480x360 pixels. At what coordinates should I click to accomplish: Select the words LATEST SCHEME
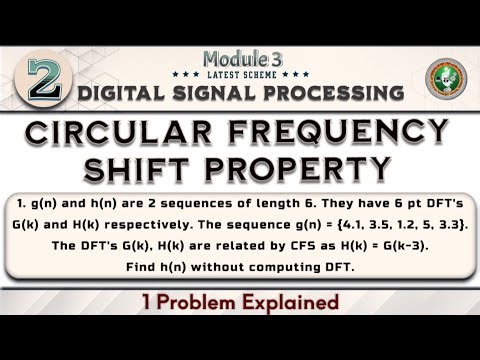tap(241, 74)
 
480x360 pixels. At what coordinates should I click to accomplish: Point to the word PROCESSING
tap(328, 93)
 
